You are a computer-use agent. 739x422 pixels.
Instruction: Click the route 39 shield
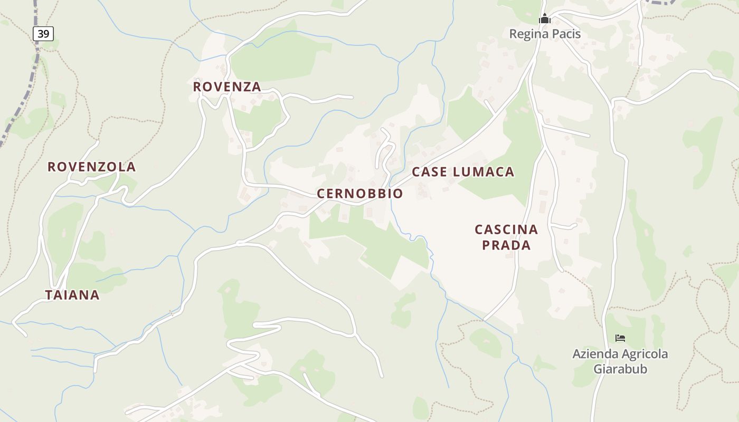point(43,34)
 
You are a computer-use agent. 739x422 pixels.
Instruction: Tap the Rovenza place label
point(227,87)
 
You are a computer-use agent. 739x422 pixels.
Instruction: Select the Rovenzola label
point(92,167)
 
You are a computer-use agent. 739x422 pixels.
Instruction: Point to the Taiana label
point(72,295)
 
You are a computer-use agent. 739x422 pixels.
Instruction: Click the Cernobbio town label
point(359,194)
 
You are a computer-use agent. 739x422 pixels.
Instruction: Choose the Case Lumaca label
point(463,171)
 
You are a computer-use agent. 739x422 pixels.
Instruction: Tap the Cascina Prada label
point(506,237)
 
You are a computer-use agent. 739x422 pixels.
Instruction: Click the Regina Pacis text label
point(545,34)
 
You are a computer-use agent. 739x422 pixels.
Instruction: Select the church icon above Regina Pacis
point(545,20)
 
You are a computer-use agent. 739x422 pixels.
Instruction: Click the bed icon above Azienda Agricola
point(620,338)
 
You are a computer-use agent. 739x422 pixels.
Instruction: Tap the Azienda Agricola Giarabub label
point(620,361)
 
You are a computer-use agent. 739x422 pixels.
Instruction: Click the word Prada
point(506,245)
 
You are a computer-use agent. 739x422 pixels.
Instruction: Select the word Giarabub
point(620,369)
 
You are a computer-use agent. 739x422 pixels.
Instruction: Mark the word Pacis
point(565,34)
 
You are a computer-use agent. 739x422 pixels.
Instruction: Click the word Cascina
point(506,229)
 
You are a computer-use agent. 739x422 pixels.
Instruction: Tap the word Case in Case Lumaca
point(429,171)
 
